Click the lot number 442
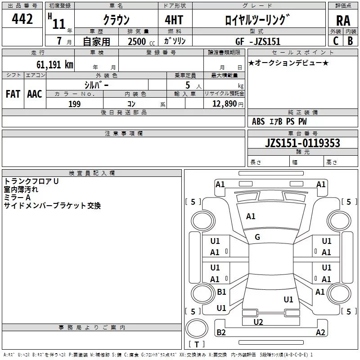coord(22,19)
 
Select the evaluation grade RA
coord(343,21)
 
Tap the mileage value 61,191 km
coord(54,65)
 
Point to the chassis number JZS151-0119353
coord(302,143)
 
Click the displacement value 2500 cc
coord(141,41)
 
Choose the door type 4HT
coord(174,20)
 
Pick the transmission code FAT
coord(13,94)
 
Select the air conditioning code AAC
coord(35,94)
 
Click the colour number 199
coord(74,104)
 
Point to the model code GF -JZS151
coord(258,41)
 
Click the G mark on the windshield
coord(257,237)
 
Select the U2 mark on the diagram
coord(258,322)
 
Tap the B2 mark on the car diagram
coord(221,332)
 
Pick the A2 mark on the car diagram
coord(320,332)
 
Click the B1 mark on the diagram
coord(221,292)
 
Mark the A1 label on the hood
coord(251,216)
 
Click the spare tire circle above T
coord(197,328)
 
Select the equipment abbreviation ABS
coord(258,121)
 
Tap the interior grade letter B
coord(350,41)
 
